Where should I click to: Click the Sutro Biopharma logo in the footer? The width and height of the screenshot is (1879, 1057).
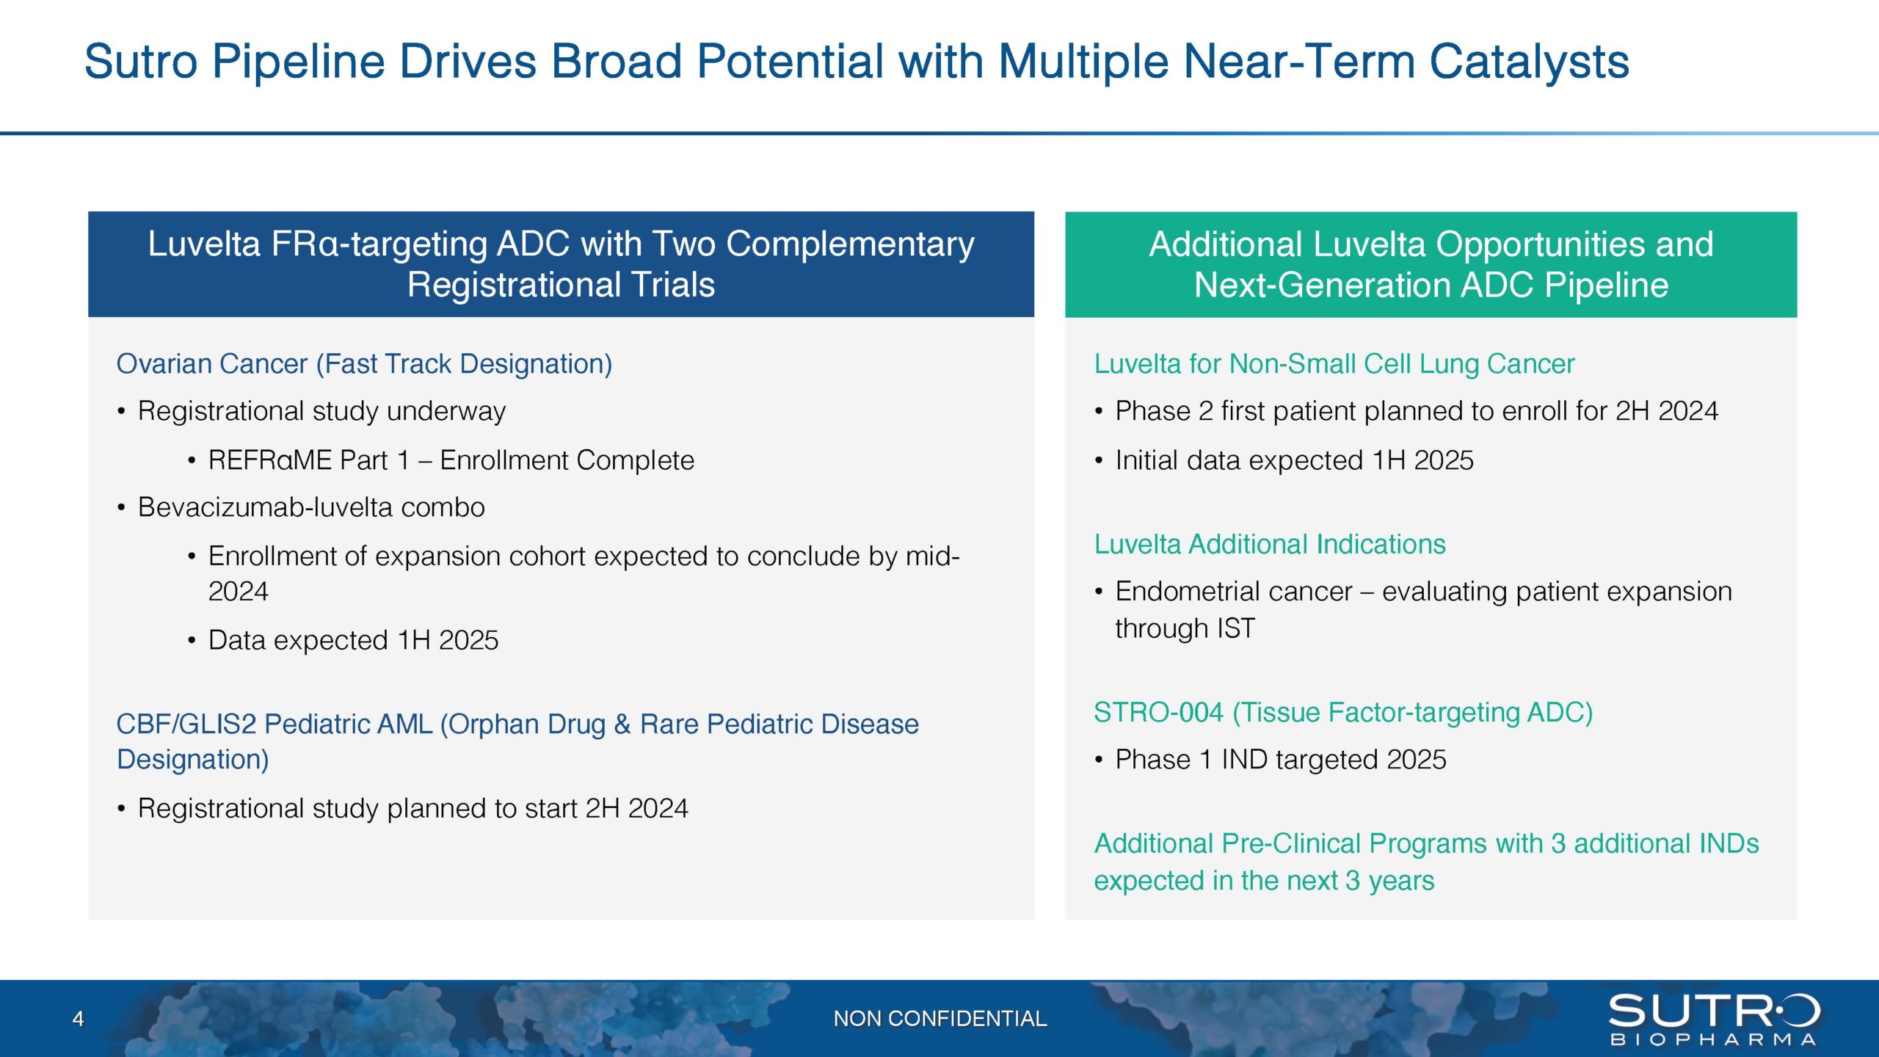click(x=1714, y=1019)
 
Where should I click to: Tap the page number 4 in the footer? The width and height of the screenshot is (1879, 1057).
click(x=78, y=1019)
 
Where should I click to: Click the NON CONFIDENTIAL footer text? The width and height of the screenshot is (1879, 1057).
click(x=939, y=1019)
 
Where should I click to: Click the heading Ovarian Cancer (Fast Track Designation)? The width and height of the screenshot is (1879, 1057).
click(x=364, y=364)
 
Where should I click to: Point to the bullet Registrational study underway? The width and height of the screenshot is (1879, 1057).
click(x=321, y=411)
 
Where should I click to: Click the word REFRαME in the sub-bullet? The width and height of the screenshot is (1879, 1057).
click(x=270, y=460)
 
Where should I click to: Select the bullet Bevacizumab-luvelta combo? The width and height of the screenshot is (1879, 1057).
click(x=311, y=507)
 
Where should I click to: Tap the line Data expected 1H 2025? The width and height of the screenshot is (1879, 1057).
click(x=353, y=640)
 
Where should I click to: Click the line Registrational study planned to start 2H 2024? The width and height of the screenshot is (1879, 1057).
click(x=412, y=808)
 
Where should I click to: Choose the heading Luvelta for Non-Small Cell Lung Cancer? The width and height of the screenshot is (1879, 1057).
click(x=1334, y=364)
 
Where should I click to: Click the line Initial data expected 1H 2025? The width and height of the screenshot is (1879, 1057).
click(x=1294, y=460)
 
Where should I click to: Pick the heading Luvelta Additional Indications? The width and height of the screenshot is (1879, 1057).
click(x=1269, y=544)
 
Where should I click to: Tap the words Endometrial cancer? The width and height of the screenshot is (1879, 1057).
click(x=1233, y=592)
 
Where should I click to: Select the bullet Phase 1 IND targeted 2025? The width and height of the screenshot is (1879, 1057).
click(x=1280, y=760)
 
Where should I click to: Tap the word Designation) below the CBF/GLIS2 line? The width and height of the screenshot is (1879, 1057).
click(x=193, y=760)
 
